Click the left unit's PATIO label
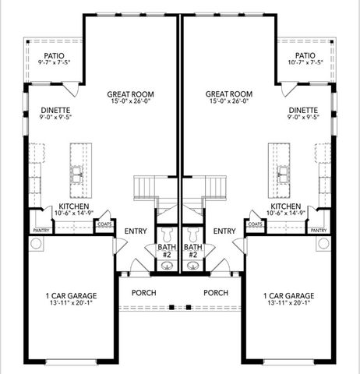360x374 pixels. (54, 55)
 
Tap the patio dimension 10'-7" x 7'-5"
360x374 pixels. (305, 62)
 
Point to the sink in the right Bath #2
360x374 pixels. (192, 265)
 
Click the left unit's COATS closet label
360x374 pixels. (104, 224)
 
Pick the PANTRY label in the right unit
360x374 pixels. (319, 231)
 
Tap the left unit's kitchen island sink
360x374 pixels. (77, 175)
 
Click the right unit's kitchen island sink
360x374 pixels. (283, 175)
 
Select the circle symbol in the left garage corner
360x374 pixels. (36, 244)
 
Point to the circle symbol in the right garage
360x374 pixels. (323, 244)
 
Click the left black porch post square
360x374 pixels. (171, 307)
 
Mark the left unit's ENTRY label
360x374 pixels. (136, 231)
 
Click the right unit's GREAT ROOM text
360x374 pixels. (229, 94)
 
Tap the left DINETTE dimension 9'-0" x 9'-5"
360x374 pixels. (55, 117)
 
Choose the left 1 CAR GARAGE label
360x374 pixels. (71, 296)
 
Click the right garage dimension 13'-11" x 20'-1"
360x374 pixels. (289, 302)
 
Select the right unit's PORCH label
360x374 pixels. (216, 293)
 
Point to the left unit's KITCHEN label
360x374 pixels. (74, 206)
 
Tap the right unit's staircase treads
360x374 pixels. (216, 188)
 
